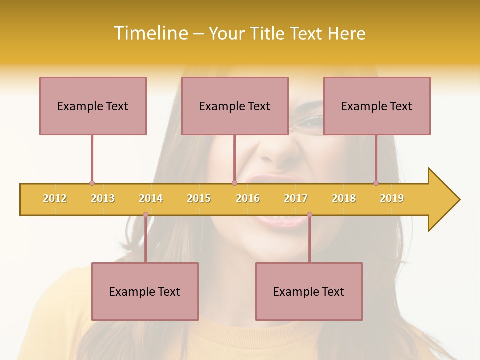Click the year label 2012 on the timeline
click(55, 198)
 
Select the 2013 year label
click(103, 198)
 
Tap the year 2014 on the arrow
click(151, 198)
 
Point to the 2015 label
click(199, 198)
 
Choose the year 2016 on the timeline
click(248, 198)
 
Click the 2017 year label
click(296, 198)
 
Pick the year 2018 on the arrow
click(344, 198)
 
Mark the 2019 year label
click(392, 198)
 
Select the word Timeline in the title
click(150, 33)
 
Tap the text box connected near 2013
click(93, 106)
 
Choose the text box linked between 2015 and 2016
click(235, 106)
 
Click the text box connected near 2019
click(377, 106)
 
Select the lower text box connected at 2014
click(145, 291)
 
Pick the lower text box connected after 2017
click(309, 291)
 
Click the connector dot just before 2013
click(92, 183)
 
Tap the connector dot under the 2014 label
click(145, 215)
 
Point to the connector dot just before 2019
click(376, 183)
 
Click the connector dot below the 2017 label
click(309, 215)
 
